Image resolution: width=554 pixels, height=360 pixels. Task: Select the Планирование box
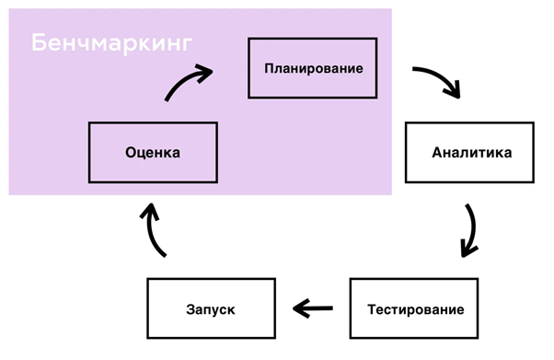click(313, 68)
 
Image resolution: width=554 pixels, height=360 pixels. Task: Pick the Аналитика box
click(470, 153)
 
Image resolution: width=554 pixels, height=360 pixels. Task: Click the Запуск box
click(211, 308)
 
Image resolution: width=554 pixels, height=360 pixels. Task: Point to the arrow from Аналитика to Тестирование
click(470, 230)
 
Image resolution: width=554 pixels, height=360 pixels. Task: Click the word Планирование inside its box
click(313, 68)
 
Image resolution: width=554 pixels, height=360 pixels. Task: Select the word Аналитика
click(470, 153)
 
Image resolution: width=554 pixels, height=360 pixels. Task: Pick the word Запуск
click(211, 308)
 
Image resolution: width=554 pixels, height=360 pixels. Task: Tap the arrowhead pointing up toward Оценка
click(149, 213)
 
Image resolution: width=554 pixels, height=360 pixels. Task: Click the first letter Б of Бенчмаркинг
click(38, 43)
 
